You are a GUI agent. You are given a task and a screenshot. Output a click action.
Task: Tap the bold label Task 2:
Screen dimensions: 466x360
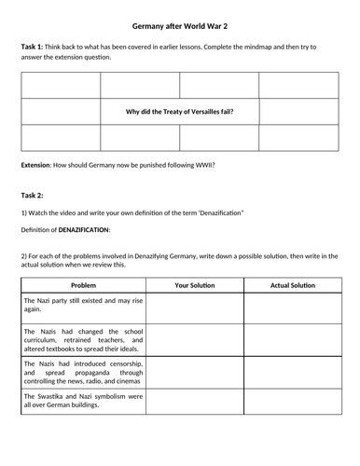click(34, 195)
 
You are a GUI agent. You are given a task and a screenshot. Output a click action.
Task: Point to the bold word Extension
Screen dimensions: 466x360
click(40, 165)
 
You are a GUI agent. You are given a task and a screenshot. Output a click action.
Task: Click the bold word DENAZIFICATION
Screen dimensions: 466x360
click(85, 229)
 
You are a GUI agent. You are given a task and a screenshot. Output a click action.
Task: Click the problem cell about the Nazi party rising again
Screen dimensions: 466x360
click(82, 307)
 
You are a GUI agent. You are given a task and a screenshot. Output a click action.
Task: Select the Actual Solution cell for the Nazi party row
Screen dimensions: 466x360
click(292, 307)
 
